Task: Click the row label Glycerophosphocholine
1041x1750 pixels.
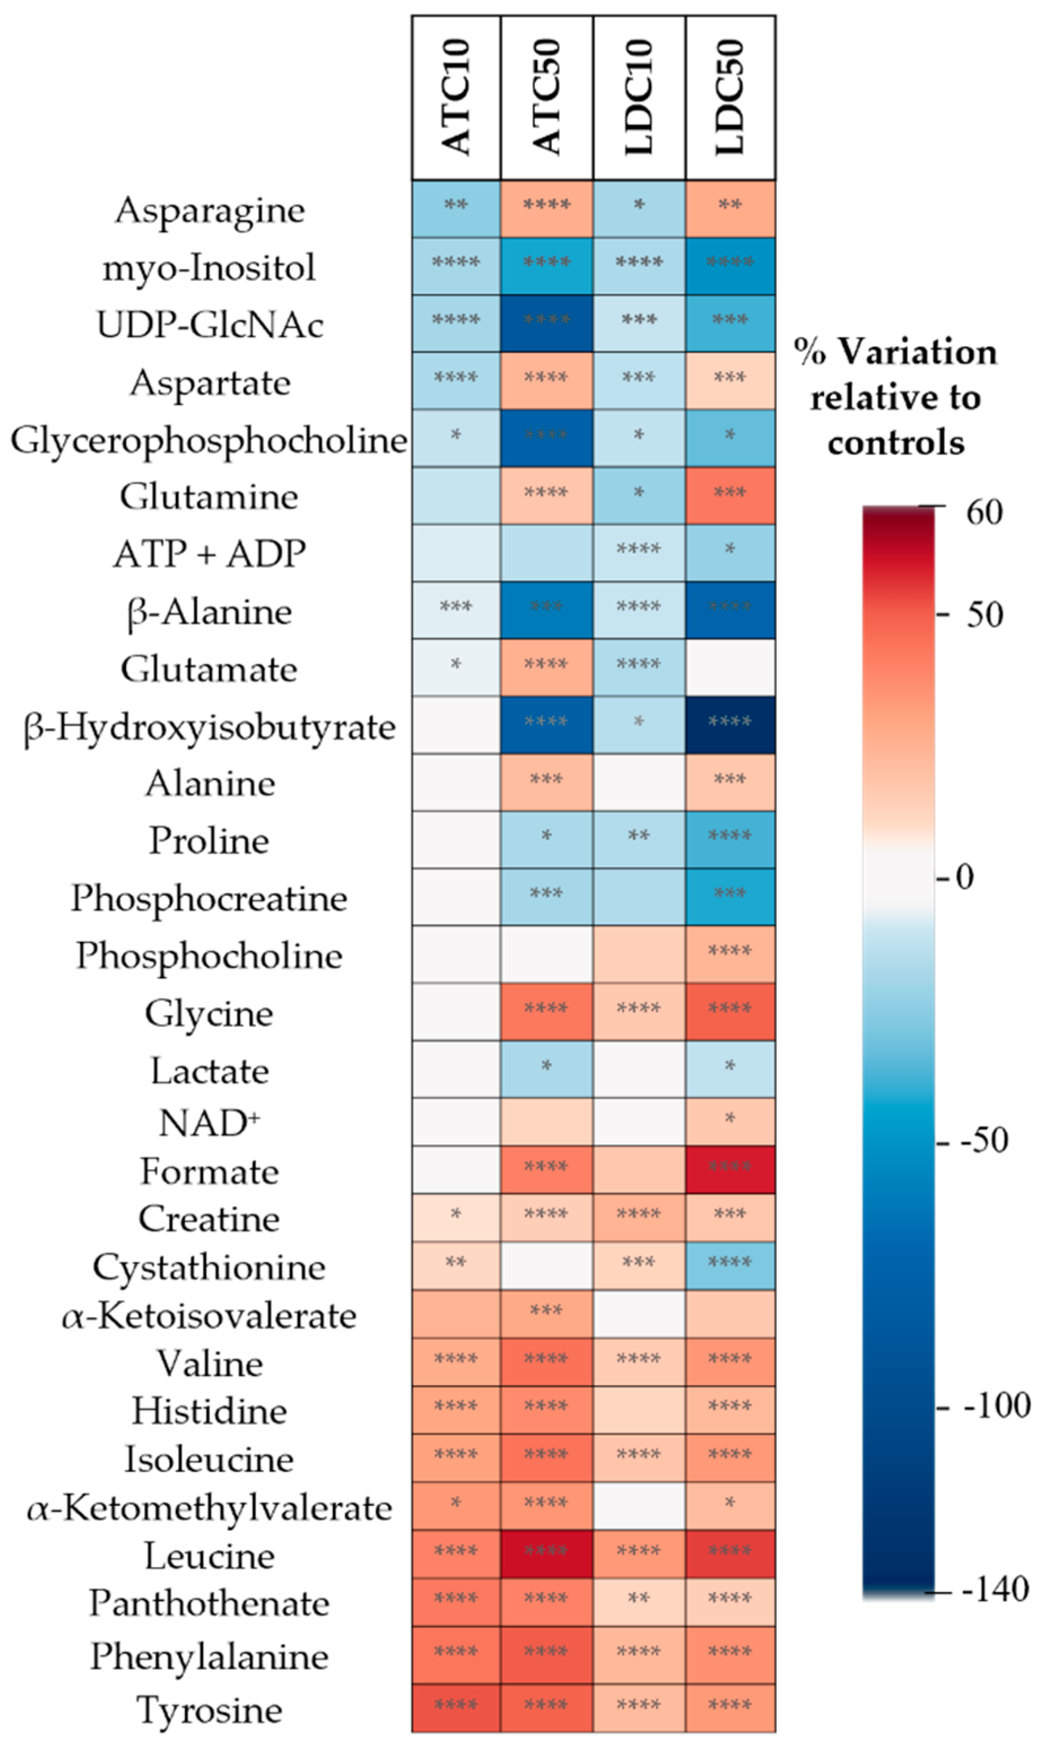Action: click(x=208, y=440)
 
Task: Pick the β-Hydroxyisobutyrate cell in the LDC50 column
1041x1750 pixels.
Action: click(x=731, y=725)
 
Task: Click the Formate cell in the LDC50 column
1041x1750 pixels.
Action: click(x=731, y=1169)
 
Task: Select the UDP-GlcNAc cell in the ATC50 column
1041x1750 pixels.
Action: click(x=546, y=324)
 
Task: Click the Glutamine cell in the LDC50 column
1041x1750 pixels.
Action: click(x=731, y=495)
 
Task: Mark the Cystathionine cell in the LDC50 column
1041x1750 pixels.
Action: click(x=731, y=1265)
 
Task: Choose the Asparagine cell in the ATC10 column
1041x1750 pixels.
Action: click(x=456, y=209)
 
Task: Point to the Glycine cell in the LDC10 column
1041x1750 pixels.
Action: click(x=639, y=1011)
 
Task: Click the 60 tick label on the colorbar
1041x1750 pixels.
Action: click(x=984, y=513)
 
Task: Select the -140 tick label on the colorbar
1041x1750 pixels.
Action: click(x=995, y=1589)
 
